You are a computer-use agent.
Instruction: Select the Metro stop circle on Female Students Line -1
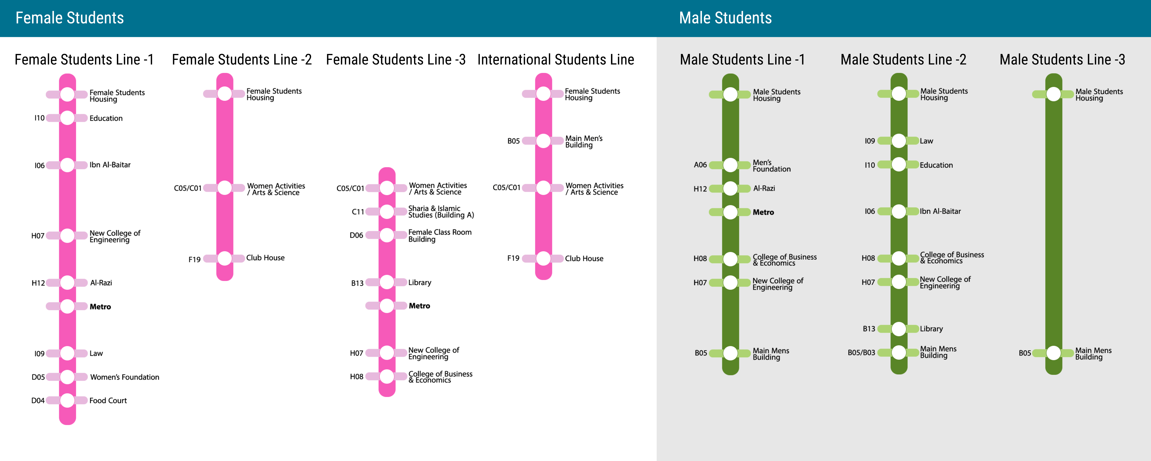tap(67, 306)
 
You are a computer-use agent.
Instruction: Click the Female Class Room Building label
tap(440, 235)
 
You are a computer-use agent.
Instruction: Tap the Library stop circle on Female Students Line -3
tap(387, 282)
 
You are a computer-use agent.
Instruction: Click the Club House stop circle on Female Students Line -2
tap(225, 258)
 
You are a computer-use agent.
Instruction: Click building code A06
tap(700, 165)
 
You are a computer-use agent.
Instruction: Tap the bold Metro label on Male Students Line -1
tap(763, 212)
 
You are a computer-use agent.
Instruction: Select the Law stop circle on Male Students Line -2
tap(898, 141)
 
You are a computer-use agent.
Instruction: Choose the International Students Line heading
tap(555, 59)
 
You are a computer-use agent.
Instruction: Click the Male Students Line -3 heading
tap(1062, 59)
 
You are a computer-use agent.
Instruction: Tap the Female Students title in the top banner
tap(70, 18)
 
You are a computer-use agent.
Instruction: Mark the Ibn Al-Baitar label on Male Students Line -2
tap(940, 211)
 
